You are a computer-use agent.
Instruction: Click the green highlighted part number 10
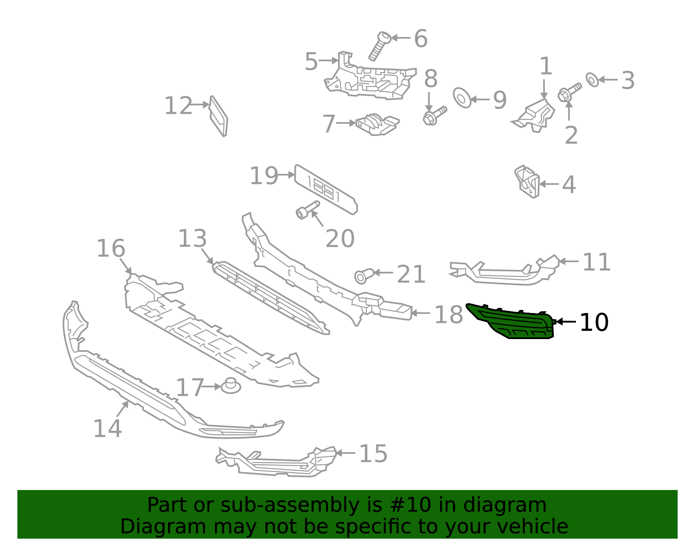coord(513,322)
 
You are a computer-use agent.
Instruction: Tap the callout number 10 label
coord(594,323)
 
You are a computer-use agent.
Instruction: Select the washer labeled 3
coord(592,80)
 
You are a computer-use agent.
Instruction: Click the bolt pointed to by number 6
coord(378,46)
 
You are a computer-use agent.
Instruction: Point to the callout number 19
coord(263,176)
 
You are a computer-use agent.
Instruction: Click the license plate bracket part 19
coord(326,190)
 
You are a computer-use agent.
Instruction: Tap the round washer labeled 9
coord(462,98)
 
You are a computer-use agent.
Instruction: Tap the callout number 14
coord(107,429)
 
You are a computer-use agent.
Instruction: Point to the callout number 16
coord(110,249)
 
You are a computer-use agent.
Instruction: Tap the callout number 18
coord(449,314)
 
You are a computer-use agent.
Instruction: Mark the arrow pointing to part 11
coord(569,261)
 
